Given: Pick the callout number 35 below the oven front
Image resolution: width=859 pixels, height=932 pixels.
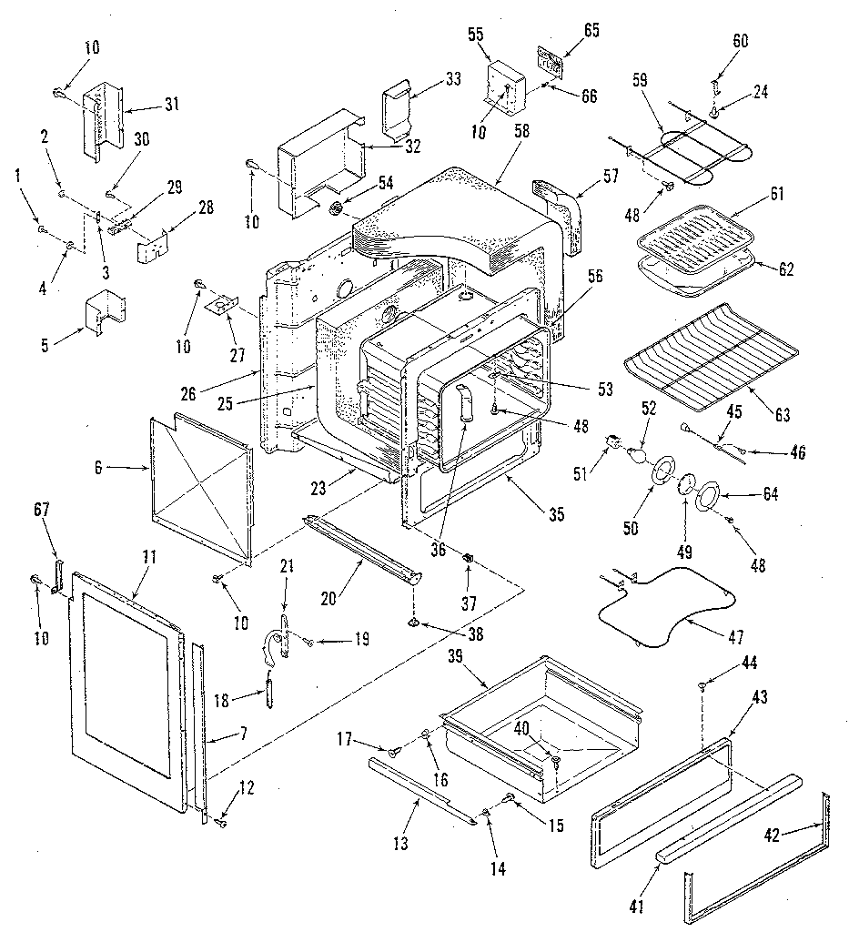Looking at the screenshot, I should [556, 514].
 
